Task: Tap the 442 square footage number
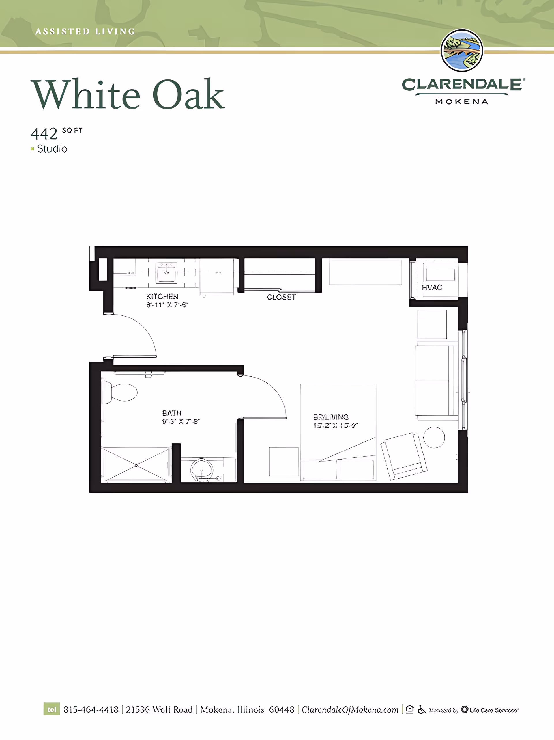click(x=44, y=134)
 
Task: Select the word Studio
click(x=52, y=149)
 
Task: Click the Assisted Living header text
click(x=85, y=31)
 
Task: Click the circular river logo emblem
click(x=462, y=50)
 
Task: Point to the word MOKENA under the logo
click(x=462, y=102)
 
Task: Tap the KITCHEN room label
click(x=162, y=296)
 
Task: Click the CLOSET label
click(x=281, y=297)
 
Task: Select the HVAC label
click(x=432, y=287)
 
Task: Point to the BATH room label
click(x=172, y=413)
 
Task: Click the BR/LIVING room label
click(x=331, y=417)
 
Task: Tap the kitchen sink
click(x=166, y=272)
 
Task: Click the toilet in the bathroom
click(x=122, y=393)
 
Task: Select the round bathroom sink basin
click(x=202, y=469)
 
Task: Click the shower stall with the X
click(x=136, y=465)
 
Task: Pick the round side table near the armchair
click(x=434, y=437)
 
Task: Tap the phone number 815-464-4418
click(x=91, y=710)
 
